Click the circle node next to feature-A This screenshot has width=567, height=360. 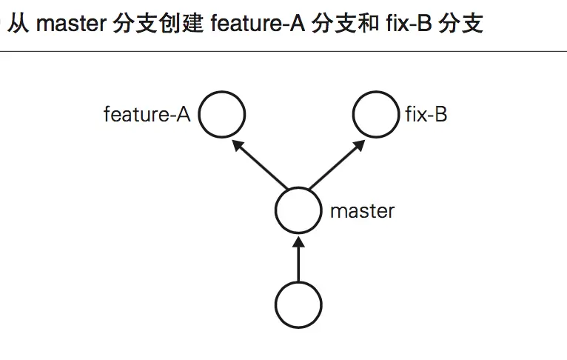[x=222, y=115]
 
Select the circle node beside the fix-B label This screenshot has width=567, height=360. [x=377, y=115]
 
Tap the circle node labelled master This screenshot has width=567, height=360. [x=299, y=210]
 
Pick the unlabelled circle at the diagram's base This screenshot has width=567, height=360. [x=298, y=304]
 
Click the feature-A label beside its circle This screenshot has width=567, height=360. [x=147, y=115]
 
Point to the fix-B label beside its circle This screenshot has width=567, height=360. [x=426, y=115]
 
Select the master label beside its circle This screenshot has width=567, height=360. [x=362, y=210]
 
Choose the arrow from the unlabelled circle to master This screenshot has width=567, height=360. [x=298, y=261]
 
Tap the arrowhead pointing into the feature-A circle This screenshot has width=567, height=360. [x=238, y=145]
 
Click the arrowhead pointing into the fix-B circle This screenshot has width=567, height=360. [x=358, y=145]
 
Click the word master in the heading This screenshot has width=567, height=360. [x=71, y=24]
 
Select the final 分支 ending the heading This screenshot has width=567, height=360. [x=460, y=24]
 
